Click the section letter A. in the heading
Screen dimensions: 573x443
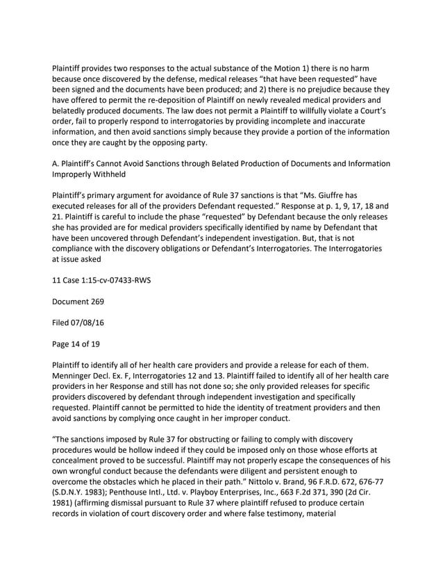point(56,164)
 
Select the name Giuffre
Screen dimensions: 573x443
point(358,198)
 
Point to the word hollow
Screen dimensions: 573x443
point(156,449)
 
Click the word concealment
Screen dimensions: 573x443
point(83,460)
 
